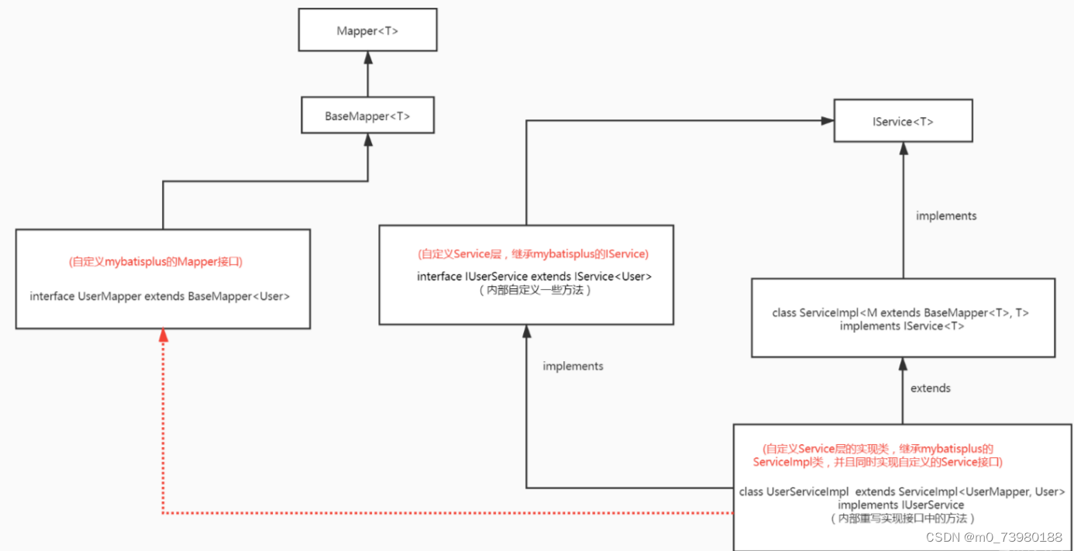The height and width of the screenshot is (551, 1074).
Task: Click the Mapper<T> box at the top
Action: pyautogui.click(x=367, y=31)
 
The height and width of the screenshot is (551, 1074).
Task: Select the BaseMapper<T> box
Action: pyautogui.click(x=367, y=116)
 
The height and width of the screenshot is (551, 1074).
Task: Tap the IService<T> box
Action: pyautogui.click(x=903, y=121)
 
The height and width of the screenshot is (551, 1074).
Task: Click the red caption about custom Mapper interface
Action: pyautogui.click(x=155, y=262)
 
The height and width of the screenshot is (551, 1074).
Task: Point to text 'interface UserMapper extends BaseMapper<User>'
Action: pyautogui.click(x=160, y=296)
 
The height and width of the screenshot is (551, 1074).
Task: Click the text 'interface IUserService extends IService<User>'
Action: pyautogui.click(x=534, y=277)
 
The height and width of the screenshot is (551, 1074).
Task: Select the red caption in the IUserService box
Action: pyautogui.click(x=532, y=254)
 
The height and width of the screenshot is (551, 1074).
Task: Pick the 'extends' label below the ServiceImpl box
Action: pyautogui.click(x=930, y=387)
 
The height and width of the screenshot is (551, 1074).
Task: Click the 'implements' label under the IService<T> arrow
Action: pyautogui.click(x=946, y=215)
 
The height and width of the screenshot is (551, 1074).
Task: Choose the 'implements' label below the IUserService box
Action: pyautogui.click(x=573, y=366)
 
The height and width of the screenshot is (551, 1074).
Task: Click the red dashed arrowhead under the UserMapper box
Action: pyautogui.click(x=163, y=336)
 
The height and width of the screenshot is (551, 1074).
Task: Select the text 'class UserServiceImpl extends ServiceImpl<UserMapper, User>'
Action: pyautogui.click(x=902, y=492)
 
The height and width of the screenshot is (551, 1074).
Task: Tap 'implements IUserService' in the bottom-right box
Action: pyautogui.click(x=901, y=505)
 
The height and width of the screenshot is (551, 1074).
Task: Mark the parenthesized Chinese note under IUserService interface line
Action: pyautogui.click(x=534, y=291)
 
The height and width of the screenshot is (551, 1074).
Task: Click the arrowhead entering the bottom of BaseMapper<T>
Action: pyautogui.click(x=367, y=140)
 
